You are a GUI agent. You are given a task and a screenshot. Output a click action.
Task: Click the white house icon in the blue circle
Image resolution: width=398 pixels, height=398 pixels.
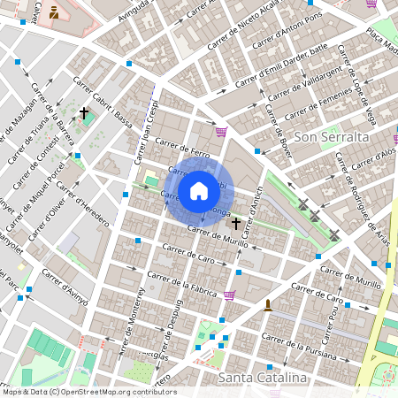click(199, 190)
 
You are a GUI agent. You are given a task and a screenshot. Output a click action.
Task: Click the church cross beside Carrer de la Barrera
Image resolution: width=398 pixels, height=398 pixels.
click(84, 113)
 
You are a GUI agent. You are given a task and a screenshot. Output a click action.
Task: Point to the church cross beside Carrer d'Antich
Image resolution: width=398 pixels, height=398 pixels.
click(236, 224)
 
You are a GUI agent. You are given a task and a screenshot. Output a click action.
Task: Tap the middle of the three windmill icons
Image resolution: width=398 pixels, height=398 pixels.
click(314, 216)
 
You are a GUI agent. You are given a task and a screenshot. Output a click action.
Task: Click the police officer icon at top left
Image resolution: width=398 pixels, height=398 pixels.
click(54, 12)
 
